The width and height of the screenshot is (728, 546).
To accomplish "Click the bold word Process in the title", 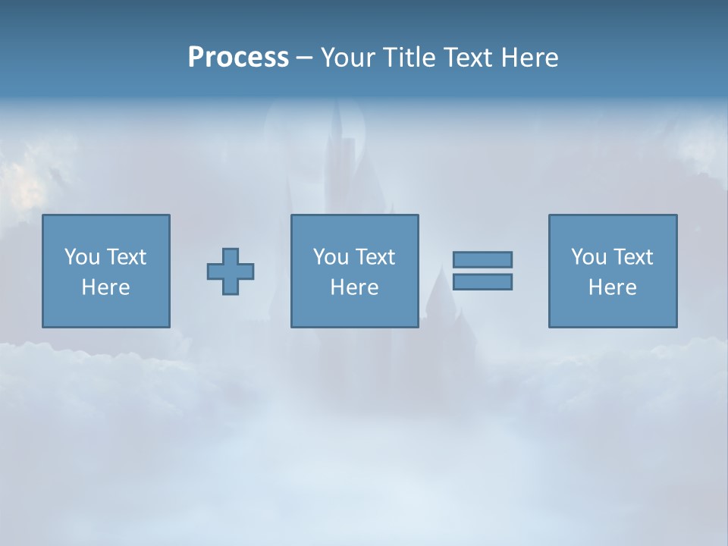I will (238, 58).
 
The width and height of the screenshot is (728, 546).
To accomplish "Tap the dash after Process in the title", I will (304, 58).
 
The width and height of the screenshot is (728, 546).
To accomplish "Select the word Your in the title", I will (348, 58).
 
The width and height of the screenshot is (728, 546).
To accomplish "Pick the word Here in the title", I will (530, 58).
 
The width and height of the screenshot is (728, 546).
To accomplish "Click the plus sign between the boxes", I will (231, 271).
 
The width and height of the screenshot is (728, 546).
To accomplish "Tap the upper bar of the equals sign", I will (482, 259).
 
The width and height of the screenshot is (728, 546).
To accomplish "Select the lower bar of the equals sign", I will (482, 281).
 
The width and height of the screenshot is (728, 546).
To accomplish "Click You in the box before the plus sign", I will (83, 257).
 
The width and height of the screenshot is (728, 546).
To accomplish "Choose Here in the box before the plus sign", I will (105, 287).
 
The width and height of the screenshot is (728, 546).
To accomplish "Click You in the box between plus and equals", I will (331, 257).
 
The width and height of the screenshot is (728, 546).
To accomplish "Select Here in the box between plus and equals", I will (354, 287).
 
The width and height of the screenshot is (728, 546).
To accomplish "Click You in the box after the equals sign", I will (589, 257).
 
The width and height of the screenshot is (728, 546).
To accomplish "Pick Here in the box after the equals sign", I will (612, 287).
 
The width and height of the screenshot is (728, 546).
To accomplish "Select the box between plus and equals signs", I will (354, 311).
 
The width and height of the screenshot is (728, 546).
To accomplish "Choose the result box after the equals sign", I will (612, 311).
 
